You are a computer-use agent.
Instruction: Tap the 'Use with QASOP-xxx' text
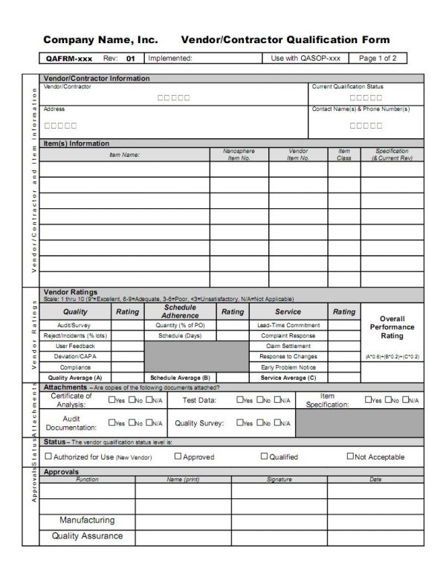coord(306,58)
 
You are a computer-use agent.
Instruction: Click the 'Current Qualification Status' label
coord(347,86)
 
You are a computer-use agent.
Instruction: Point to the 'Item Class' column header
coord(343,155)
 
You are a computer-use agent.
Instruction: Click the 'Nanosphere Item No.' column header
coord(239,155)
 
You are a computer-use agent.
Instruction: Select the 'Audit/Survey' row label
coord(75,325)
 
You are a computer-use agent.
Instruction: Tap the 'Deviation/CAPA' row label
coord(75,356)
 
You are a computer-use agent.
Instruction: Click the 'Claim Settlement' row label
coord(289,346)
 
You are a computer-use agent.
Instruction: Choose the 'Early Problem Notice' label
coord(289,367)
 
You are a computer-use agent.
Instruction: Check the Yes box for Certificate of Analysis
coord(112,400)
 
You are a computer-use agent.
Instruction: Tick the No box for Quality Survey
coord(259,423)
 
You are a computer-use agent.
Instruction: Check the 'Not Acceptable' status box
coord(351,456)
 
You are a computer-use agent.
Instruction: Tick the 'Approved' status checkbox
coord(177,457)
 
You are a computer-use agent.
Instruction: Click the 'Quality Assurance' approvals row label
coord(87,535)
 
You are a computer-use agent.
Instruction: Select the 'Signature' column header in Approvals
coord(279,480)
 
